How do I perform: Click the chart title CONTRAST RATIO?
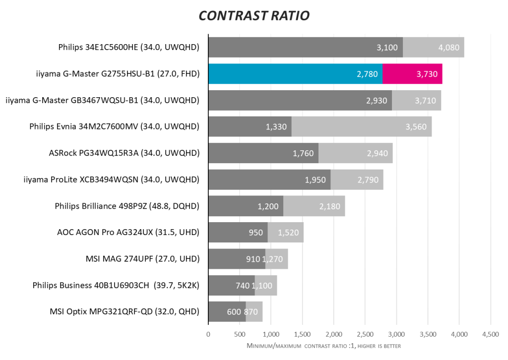point(254,16)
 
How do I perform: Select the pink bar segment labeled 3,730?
point(412,74)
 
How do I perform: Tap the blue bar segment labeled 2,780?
point(295,74)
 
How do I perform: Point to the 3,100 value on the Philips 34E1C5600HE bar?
point(387,48)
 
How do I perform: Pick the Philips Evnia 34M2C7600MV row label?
point(114,126)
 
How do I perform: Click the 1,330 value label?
point(276,127)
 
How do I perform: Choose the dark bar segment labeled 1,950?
point(269,180)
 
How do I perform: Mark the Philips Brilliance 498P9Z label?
point(127,206)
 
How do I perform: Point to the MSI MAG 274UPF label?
point(142,258)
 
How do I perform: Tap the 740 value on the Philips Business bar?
point(242,285)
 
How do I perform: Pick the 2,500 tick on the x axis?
point(365,334)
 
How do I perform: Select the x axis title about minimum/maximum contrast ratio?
point(323,345)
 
